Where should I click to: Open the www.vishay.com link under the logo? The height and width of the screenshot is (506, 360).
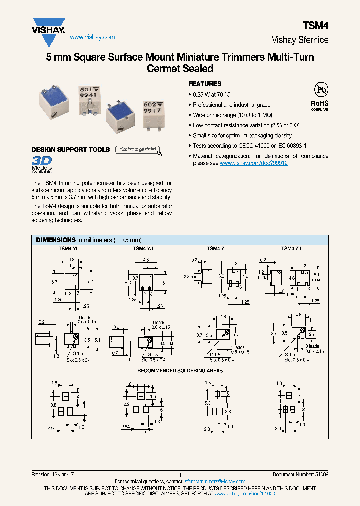point(92,37)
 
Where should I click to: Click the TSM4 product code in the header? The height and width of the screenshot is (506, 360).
point(316,25)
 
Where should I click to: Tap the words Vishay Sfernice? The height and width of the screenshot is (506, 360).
point(300,40)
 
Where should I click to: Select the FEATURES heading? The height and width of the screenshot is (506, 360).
point(205,84)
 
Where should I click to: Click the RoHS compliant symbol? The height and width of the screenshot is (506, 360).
point(320,97)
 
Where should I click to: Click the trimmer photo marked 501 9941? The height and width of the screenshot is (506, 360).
point(90,97)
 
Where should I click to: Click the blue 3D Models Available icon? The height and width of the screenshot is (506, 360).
point(42,164)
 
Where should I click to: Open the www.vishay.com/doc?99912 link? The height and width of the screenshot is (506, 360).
point(253,163)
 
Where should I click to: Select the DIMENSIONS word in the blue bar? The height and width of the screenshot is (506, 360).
point(55,240)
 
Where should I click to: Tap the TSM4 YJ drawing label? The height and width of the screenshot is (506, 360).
point(142,249)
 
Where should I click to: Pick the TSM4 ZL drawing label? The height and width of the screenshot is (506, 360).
point(217,249)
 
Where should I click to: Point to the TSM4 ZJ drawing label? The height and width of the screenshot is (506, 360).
point(291,249)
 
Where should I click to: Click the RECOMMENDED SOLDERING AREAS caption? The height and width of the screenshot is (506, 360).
point(180,370)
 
